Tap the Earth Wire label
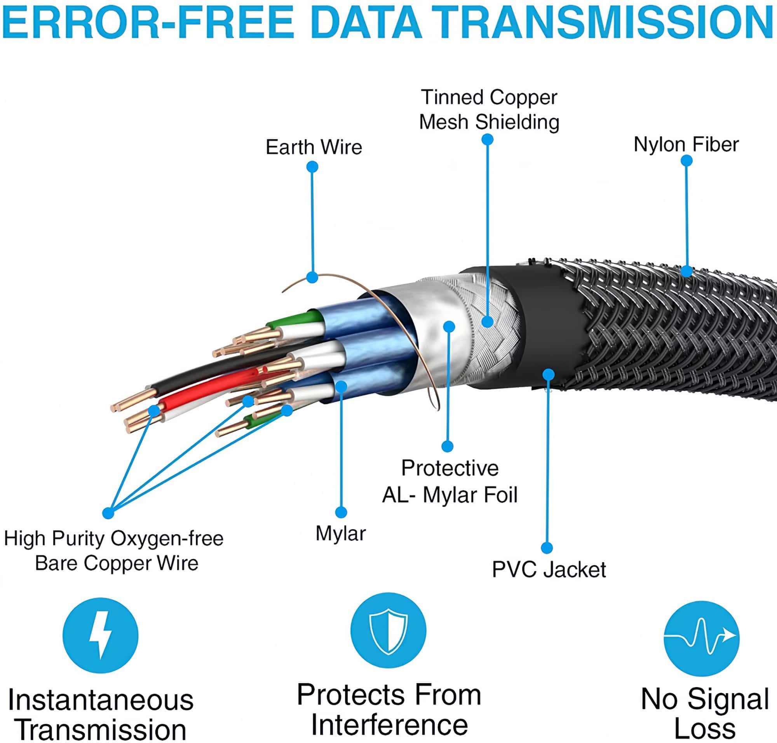pyautogui.click(x=314, y=147)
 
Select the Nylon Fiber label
pyautogui.click(x=686, y=145)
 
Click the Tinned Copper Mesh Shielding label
pyautogui.click(x=489, y=110)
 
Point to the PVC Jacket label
pyautogui.click(x=549, y=570)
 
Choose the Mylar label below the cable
pyautogui.click(x=341, y=534)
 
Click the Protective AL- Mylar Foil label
pyautogui.click(x=449, y=481)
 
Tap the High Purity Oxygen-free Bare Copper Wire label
pyautogui.click(x=114, y=551)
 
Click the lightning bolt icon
pyautogui.click(x=100, y=635)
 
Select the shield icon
pyautogui.click(x=388, y=631)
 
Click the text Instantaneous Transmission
pyautogui.click(x=101, y=714)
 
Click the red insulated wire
pyautogui.click(x=210, y=390)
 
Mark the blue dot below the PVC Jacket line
pyautogui.click(x=547, y=548)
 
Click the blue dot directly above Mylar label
pyautogui.click(x=341, y=512)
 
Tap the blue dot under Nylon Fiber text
pyautogui.click(x=686, y=160)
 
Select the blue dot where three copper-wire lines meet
pyautogui.click(x=108, y=513)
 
